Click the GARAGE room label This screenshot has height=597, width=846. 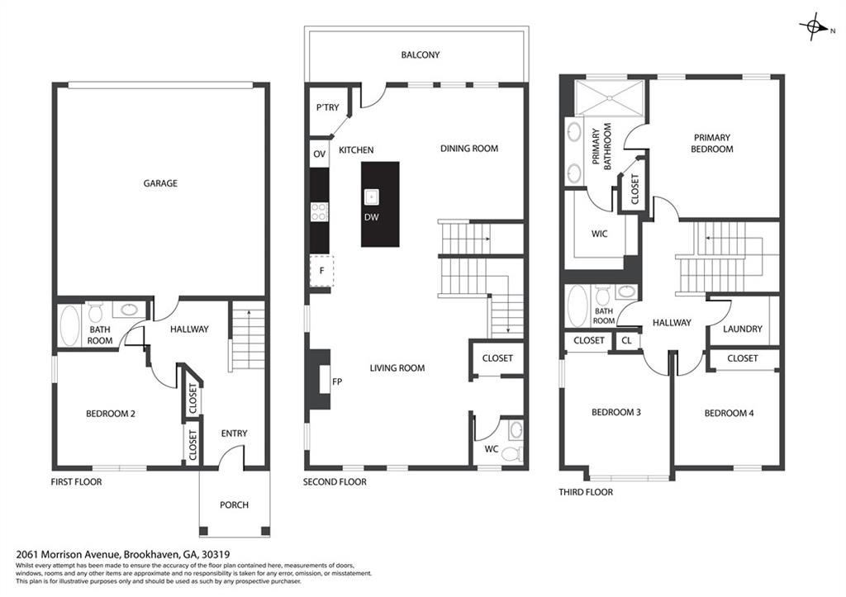[x=160, y=183]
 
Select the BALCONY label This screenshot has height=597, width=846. [x=421, y=54]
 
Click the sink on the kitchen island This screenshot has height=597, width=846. [x=371, y=198]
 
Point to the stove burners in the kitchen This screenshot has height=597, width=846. [x=319, y=211]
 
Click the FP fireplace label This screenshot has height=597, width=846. [x=337, y=381]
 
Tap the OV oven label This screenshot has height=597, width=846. [x=320, y=154]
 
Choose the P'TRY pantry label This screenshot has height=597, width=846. [x=327, y=108]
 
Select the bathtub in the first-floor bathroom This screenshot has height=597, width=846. [x=70, y=325]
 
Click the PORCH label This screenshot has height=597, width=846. [x=234, y=505]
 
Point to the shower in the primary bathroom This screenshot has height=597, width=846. [x=609, y=97]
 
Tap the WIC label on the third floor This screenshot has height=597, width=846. [x=600, y=234]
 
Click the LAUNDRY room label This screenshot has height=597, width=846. [x=743, y=329]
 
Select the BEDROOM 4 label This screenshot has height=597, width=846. [x=729, y=413]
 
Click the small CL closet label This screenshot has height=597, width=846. [x=626, y=341]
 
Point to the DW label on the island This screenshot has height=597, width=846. [x=371, y=217]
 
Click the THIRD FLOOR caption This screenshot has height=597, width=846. [x=586, y=492]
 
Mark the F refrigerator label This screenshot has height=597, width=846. [x=321, y=271]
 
